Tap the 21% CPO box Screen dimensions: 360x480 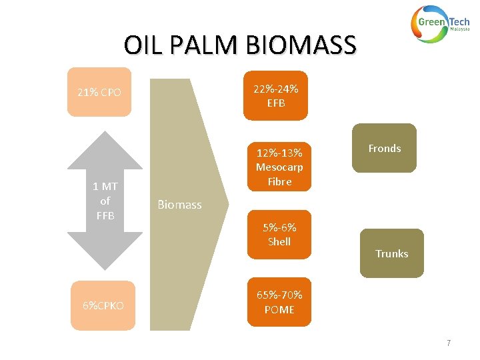(99, 92)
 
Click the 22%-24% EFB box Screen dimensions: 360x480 (275, 95)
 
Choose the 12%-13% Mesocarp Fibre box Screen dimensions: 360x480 (279, 166)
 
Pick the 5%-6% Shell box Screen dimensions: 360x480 (279, 234)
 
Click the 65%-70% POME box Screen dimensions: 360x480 (279, 301)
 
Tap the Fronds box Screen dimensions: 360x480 (384, 148)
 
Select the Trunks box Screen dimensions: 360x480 (391, 253)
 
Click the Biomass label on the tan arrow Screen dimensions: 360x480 (179, 205)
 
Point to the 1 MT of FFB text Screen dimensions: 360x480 (105, 201)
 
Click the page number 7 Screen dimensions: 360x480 (449, 343)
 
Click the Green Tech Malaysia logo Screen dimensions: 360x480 (440, 25)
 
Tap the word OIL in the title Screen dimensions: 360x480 (139, 46)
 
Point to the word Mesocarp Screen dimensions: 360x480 (279, 167)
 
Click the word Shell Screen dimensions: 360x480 (279, 241)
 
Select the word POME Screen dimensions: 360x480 (279, 309)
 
